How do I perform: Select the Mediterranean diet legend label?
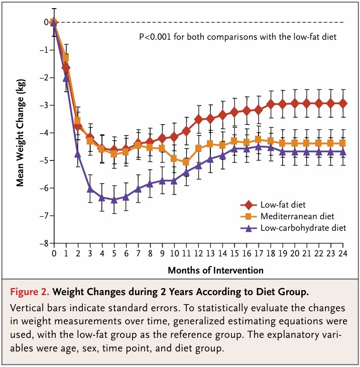pos(297,216)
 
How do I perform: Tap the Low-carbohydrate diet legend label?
pos(303,228)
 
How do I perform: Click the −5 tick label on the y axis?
pos(44,160)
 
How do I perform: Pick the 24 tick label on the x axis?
pos(343,253)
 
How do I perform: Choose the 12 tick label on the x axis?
pos(198,253)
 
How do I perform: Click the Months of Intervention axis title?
pos(215,270)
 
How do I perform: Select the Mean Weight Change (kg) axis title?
pos(21,133)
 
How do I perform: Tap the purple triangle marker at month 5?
pos(114,200)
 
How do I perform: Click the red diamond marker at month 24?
pos(343,103)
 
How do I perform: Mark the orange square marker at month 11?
pos(186,161)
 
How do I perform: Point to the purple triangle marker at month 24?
pos(343,152)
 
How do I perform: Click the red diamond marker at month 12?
pos(198,119)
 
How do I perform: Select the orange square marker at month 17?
pos(258,139)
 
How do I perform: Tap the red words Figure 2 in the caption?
pos(30,292)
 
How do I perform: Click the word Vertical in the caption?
pos(27,308)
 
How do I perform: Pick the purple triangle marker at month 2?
pos(78,153)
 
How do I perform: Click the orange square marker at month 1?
pos(66,58)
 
